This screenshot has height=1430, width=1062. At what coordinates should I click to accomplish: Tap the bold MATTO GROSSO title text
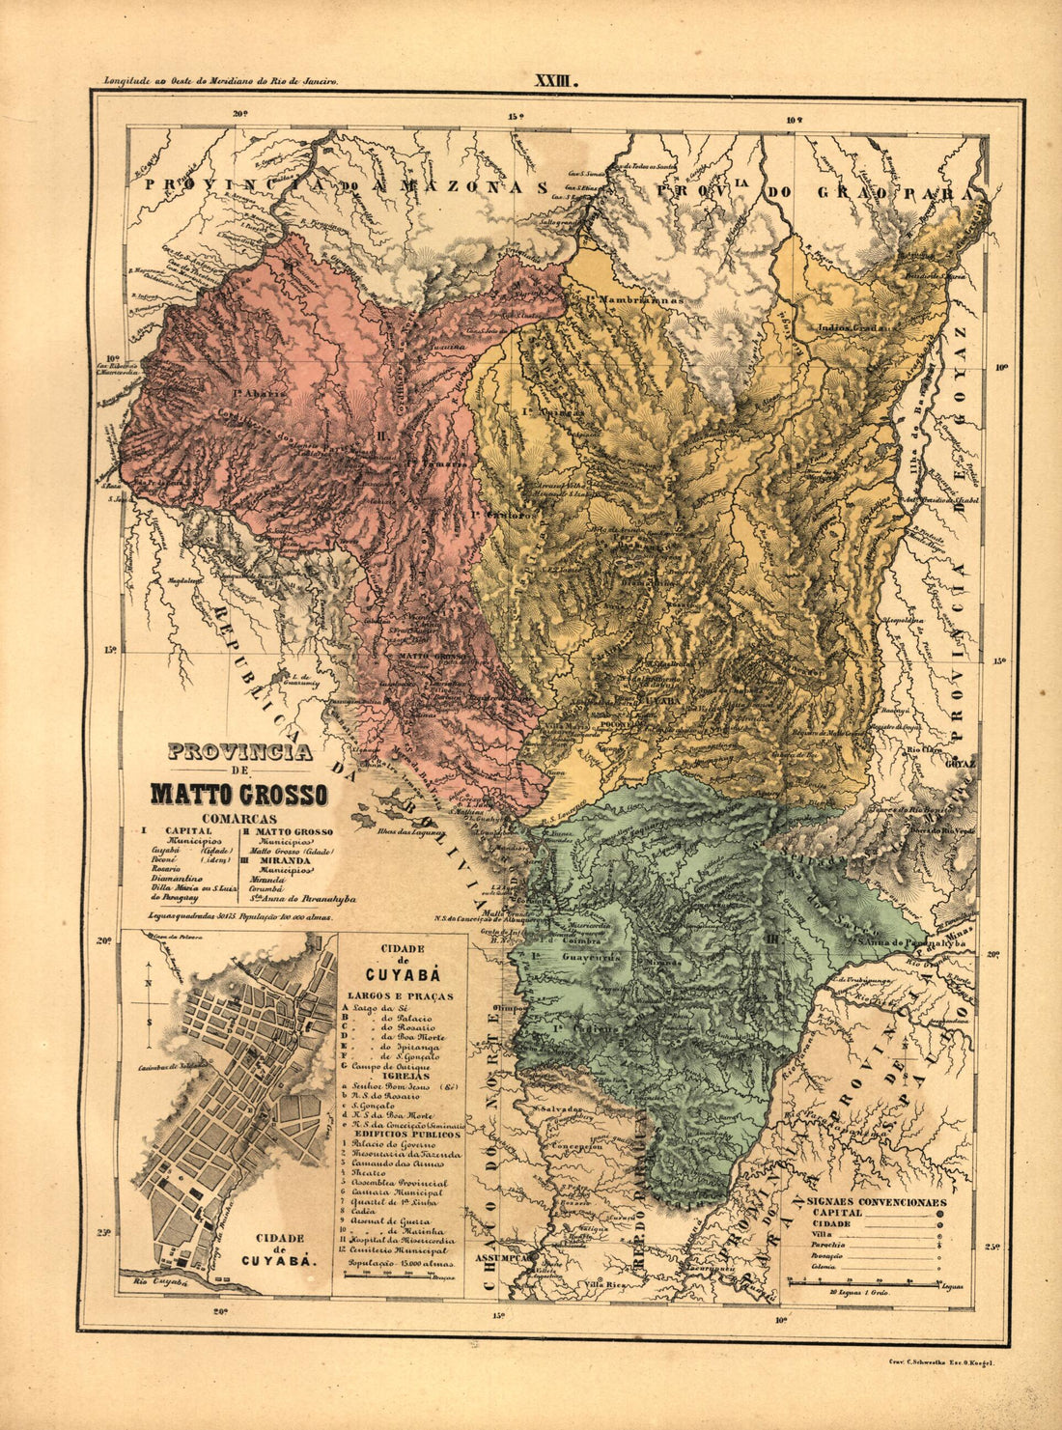[x=238, y=795]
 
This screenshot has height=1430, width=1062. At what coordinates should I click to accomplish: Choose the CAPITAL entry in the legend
[x=838, y=1213]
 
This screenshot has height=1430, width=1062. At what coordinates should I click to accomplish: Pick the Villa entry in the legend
[x=824, y=1234]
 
